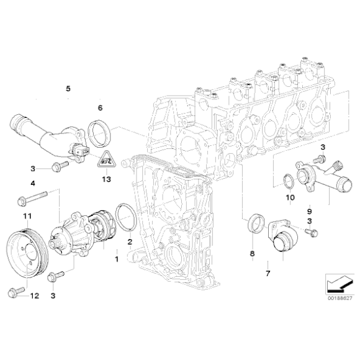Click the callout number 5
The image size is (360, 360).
coord(68,89)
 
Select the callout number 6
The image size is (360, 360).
coord(99,108)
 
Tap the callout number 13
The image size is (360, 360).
coord(106,179)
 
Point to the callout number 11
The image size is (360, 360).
coord(27,216)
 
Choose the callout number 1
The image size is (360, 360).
coord(115,256)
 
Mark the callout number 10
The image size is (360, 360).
coord(289,199)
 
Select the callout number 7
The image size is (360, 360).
coord(268,272)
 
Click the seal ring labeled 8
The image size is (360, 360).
coord(253,224)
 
